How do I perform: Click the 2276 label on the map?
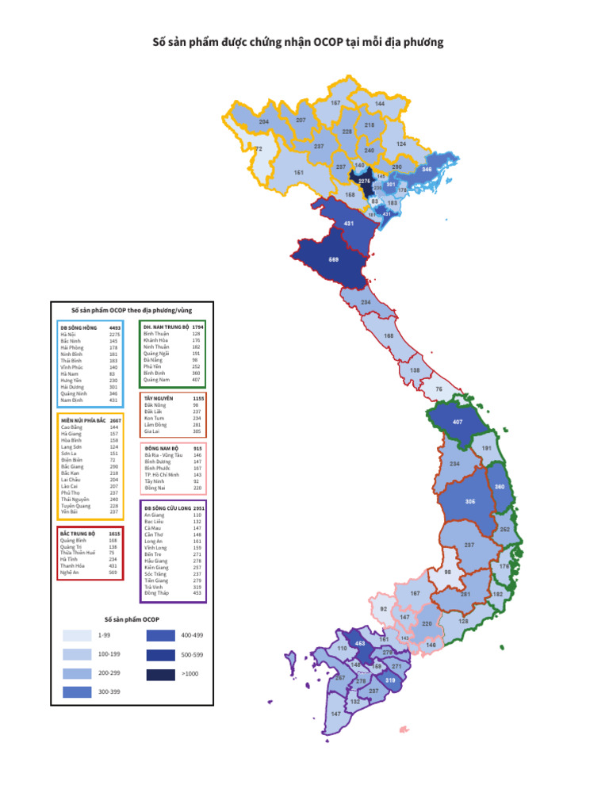pos(364,181)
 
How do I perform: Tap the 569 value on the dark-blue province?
pos(334,259)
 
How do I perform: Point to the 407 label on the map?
pos(457,422)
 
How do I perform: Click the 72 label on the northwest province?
pos(259,149)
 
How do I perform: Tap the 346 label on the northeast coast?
pos(427,169)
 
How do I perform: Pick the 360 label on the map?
pos(500,487)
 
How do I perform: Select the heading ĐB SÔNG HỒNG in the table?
pos(77,327)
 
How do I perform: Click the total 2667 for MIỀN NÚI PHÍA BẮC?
pos(115,420)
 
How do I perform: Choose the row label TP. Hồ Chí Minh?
pos(162,474)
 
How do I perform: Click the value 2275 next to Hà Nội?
pos(115,335)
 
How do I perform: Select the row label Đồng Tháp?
pos(156,592)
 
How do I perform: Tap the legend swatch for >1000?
pos(160,673)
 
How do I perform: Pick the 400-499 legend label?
pos(193,635)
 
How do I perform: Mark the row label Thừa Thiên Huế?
pos(78,553)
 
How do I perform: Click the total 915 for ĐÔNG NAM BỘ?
pos(197,449)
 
